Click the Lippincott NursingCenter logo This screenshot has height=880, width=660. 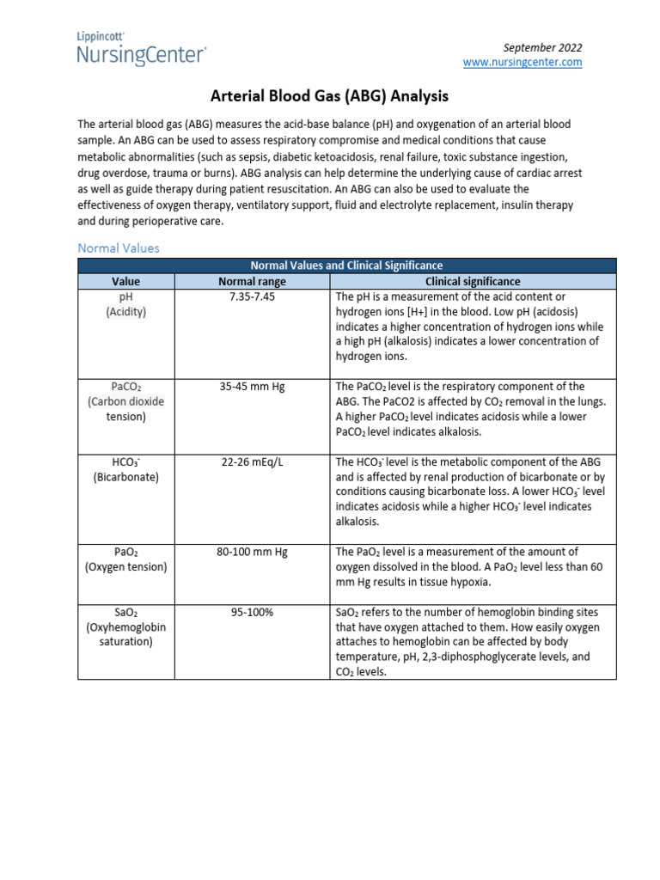tap(141, 50)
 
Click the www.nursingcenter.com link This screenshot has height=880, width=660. tap(522, 63)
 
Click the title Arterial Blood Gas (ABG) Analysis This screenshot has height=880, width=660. tap(330, 97)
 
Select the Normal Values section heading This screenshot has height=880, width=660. tap(118, 247)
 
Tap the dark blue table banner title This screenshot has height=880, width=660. tap(346, 266)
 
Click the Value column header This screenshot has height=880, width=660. tap(125, 281)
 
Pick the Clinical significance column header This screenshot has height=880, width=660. tap(473, 281)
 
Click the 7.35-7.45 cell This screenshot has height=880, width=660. tap(252, 296)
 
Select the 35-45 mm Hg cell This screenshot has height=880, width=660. tap(252, 387)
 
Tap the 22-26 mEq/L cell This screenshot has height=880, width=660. tap(252, 461)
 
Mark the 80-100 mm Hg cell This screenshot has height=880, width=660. tap(252, 552)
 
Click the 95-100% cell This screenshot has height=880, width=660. tap(252, 612)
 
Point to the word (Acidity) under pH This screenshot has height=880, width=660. tap(125, 312)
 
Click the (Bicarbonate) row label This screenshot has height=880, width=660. tap(125, 477)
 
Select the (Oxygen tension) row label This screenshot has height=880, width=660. tap(125, 567)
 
